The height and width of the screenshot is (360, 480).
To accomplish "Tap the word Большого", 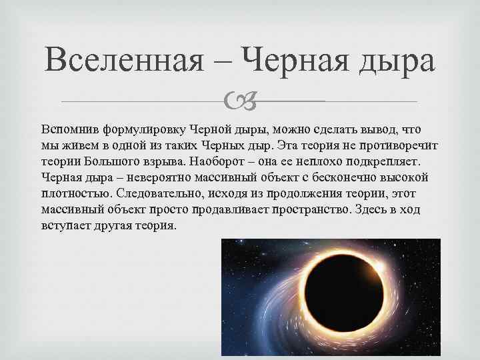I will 117,161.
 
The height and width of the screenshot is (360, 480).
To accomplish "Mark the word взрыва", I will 165,161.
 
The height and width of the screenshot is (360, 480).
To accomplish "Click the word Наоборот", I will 216,161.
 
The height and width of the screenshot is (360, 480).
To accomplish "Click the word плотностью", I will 73,193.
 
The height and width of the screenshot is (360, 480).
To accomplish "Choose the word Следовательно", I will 153,193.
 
